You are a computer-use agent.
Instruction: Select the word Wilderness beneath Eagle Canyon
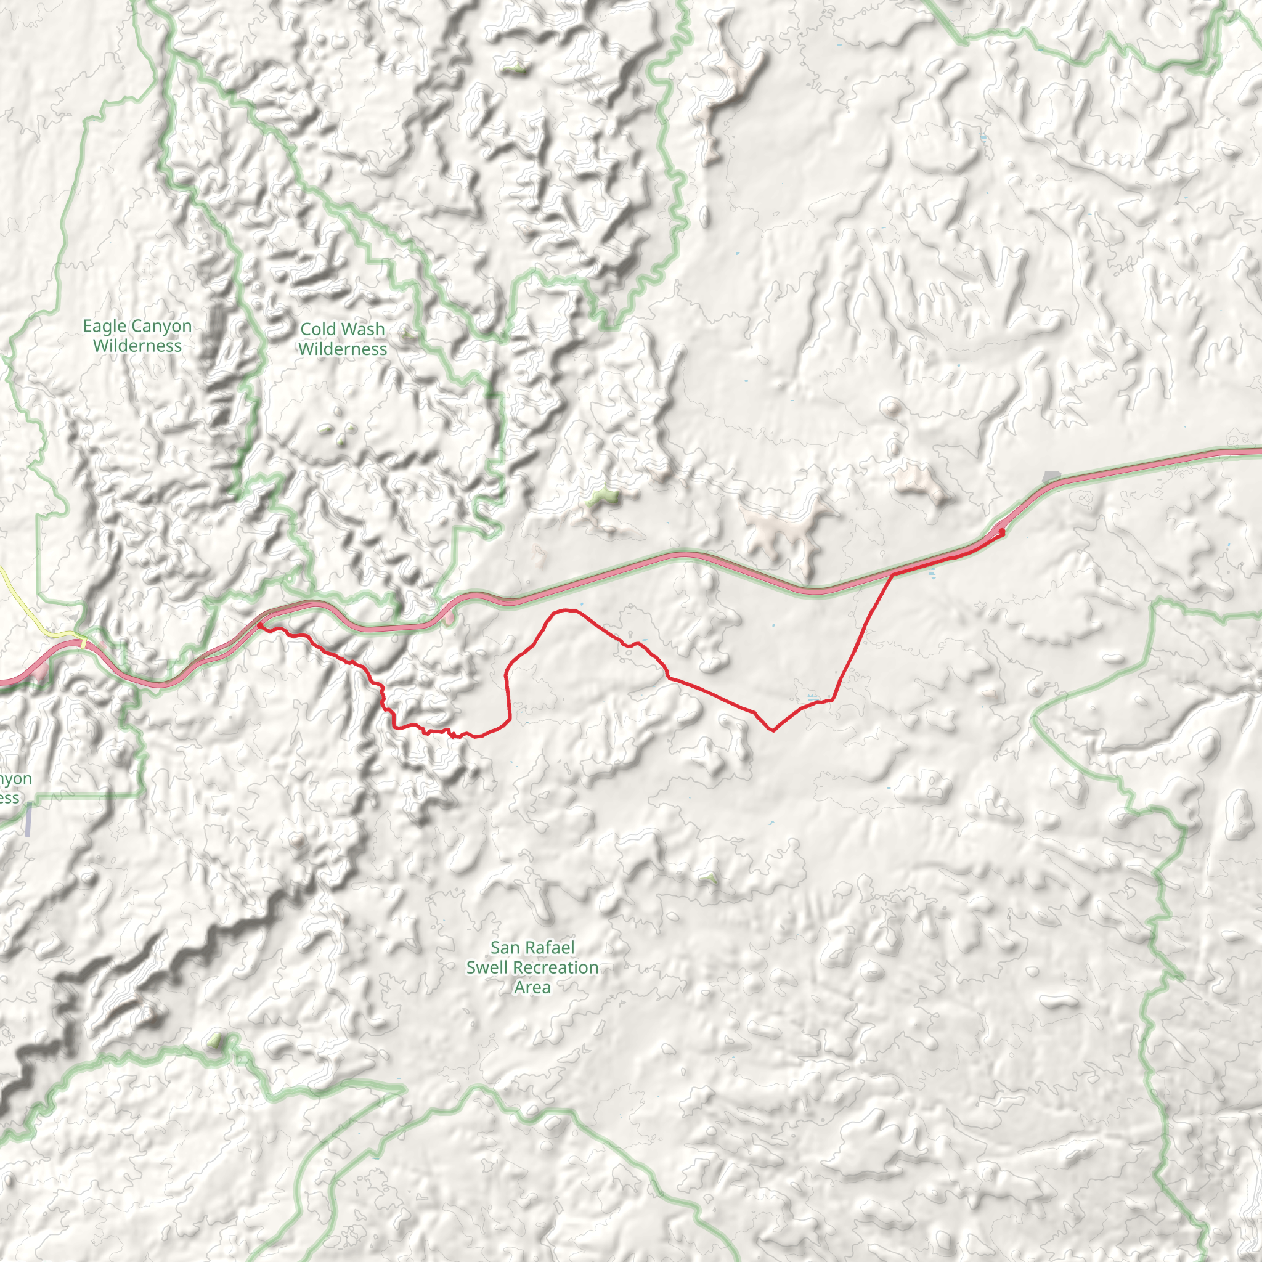137,346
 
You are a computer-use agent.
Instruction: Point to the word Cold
317,329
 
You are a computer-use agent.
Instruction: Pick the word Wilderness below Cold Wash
343,349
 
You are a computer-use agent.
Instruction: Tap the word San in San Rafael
504,948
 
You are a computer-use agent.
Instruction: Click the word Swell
487,967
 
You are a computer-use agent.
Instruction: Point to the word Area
532,987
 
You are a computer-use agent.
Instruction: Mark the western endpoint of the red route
259,624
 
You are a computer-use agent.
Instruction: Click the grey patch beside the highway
1051,477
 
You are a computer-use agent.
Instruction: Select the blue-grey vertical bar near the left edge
28,820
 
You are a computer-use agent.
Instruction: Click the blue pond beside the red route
932,574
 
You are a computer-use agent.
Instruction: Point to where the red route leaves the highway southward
892,574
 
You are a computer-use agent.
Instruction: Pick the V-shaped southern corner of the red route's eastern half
773,730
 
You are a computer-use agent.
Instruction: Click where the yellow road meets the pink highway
84,643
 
